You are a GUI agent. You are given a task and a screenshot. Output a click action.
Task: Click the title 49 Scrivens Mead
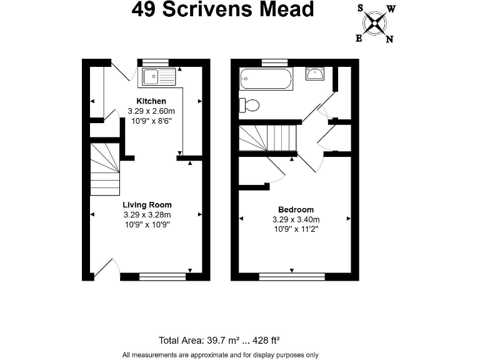pos(222,10)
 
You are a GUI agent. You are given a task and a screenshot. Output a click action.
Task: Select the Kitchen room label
pos(151,101)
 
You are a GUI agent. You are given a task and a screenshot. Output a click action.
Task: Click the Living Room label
pos(147,204)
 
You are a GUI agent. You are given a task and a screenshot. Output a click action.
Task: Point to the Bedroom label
pos(296,209)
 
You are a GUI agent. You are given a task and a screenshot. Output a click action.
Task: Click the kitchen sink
pos(160,77)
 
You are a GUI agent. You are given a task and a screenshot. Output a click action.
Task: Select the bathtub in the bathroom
pos(266,79)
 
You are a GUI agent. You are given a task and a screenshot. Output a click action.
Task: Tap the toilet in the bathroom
pos(250,105)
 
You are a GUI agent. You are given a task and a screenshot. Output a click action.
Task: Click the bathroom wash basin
pos(315,74)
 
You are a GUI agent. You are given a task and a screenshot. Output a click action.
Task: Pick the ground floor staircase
pos(105,169)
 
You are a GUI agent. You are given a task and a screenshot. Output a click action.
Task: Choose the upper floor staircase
pos(267,138)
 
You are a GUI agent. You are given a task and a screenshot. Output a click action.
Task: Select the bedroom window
pos(292,276)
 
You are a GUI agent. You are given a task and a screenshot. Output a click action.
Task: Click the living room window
pos(162,276)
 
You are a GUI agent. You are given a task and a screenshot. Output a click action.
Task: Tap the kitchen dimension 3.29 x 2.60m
pos(151,111)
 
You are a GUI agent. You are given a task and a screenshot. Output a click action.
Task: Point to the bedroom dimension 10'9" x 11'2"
pos(296,229)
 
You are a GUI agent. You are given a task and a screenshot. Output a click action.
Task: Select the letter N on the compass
pos(389,39)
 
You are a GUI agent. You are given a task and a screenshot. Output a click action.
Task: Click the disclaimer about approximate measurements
pos(220,354)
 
